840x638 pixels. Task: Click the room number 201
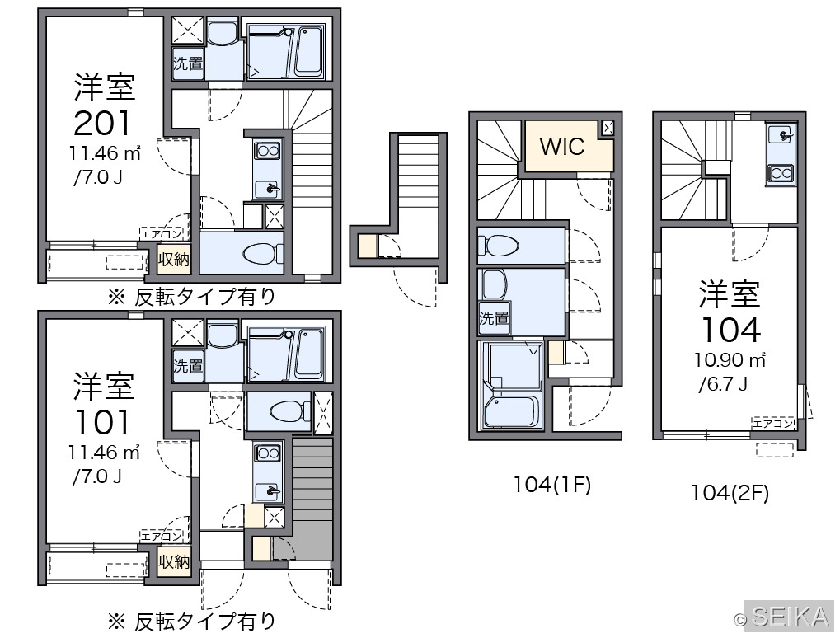101,123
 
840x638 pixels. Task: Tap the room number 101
101,422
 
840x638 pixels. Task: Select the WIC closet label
562,146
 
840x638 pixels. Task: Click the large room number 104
730,330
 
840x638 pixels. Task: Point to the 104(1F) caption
551,485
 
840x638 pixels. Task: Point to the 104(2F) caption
730,493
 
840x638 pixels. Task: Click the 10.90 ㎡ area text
730,360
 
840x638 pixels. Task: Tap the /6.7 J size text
723,383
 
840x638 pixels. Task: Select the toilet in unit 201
263,253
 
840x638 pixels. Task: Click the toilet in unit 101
290,410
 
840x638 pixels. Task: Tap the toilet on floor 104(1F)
502,246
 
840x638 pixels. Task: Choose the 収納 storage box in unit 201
174,260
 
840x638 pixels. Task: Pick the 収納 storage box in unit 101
174,561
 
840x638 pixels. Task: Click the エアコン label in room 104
772,423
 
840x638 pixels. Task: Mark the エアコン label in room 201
162,233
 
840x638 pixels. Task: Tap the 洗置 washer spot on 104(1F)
494,319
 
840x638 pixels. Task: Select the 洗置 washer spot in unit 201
188,63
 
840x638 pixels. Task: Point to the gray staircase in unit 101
313,498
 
